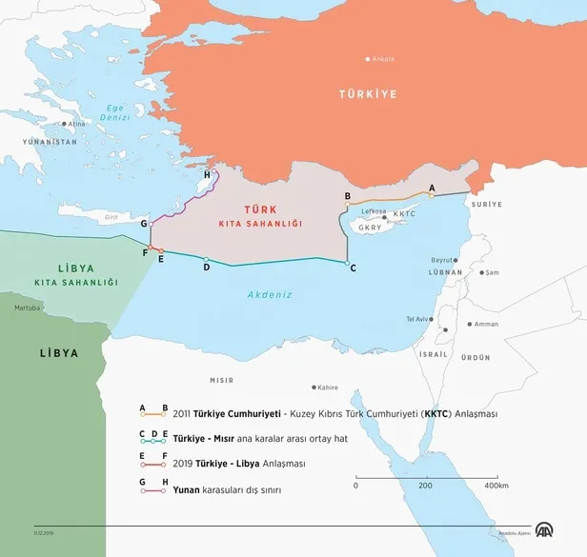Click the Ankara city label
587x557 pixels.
(x=384, y=59)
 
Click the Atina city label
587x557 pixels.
(x=76, y=124)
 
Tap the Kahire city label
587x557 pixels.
(x=328, y=388)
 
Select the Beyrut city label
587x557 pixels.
(x=441, y=260)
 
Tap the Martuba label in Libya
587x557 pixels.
(x=27, y=308)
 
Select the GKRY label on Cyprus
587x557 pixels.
(x=368, y=228)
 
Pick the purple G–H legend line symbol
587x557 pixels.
(x=153, y=490)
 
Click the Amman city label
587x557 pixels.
(x=486, y=324)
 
